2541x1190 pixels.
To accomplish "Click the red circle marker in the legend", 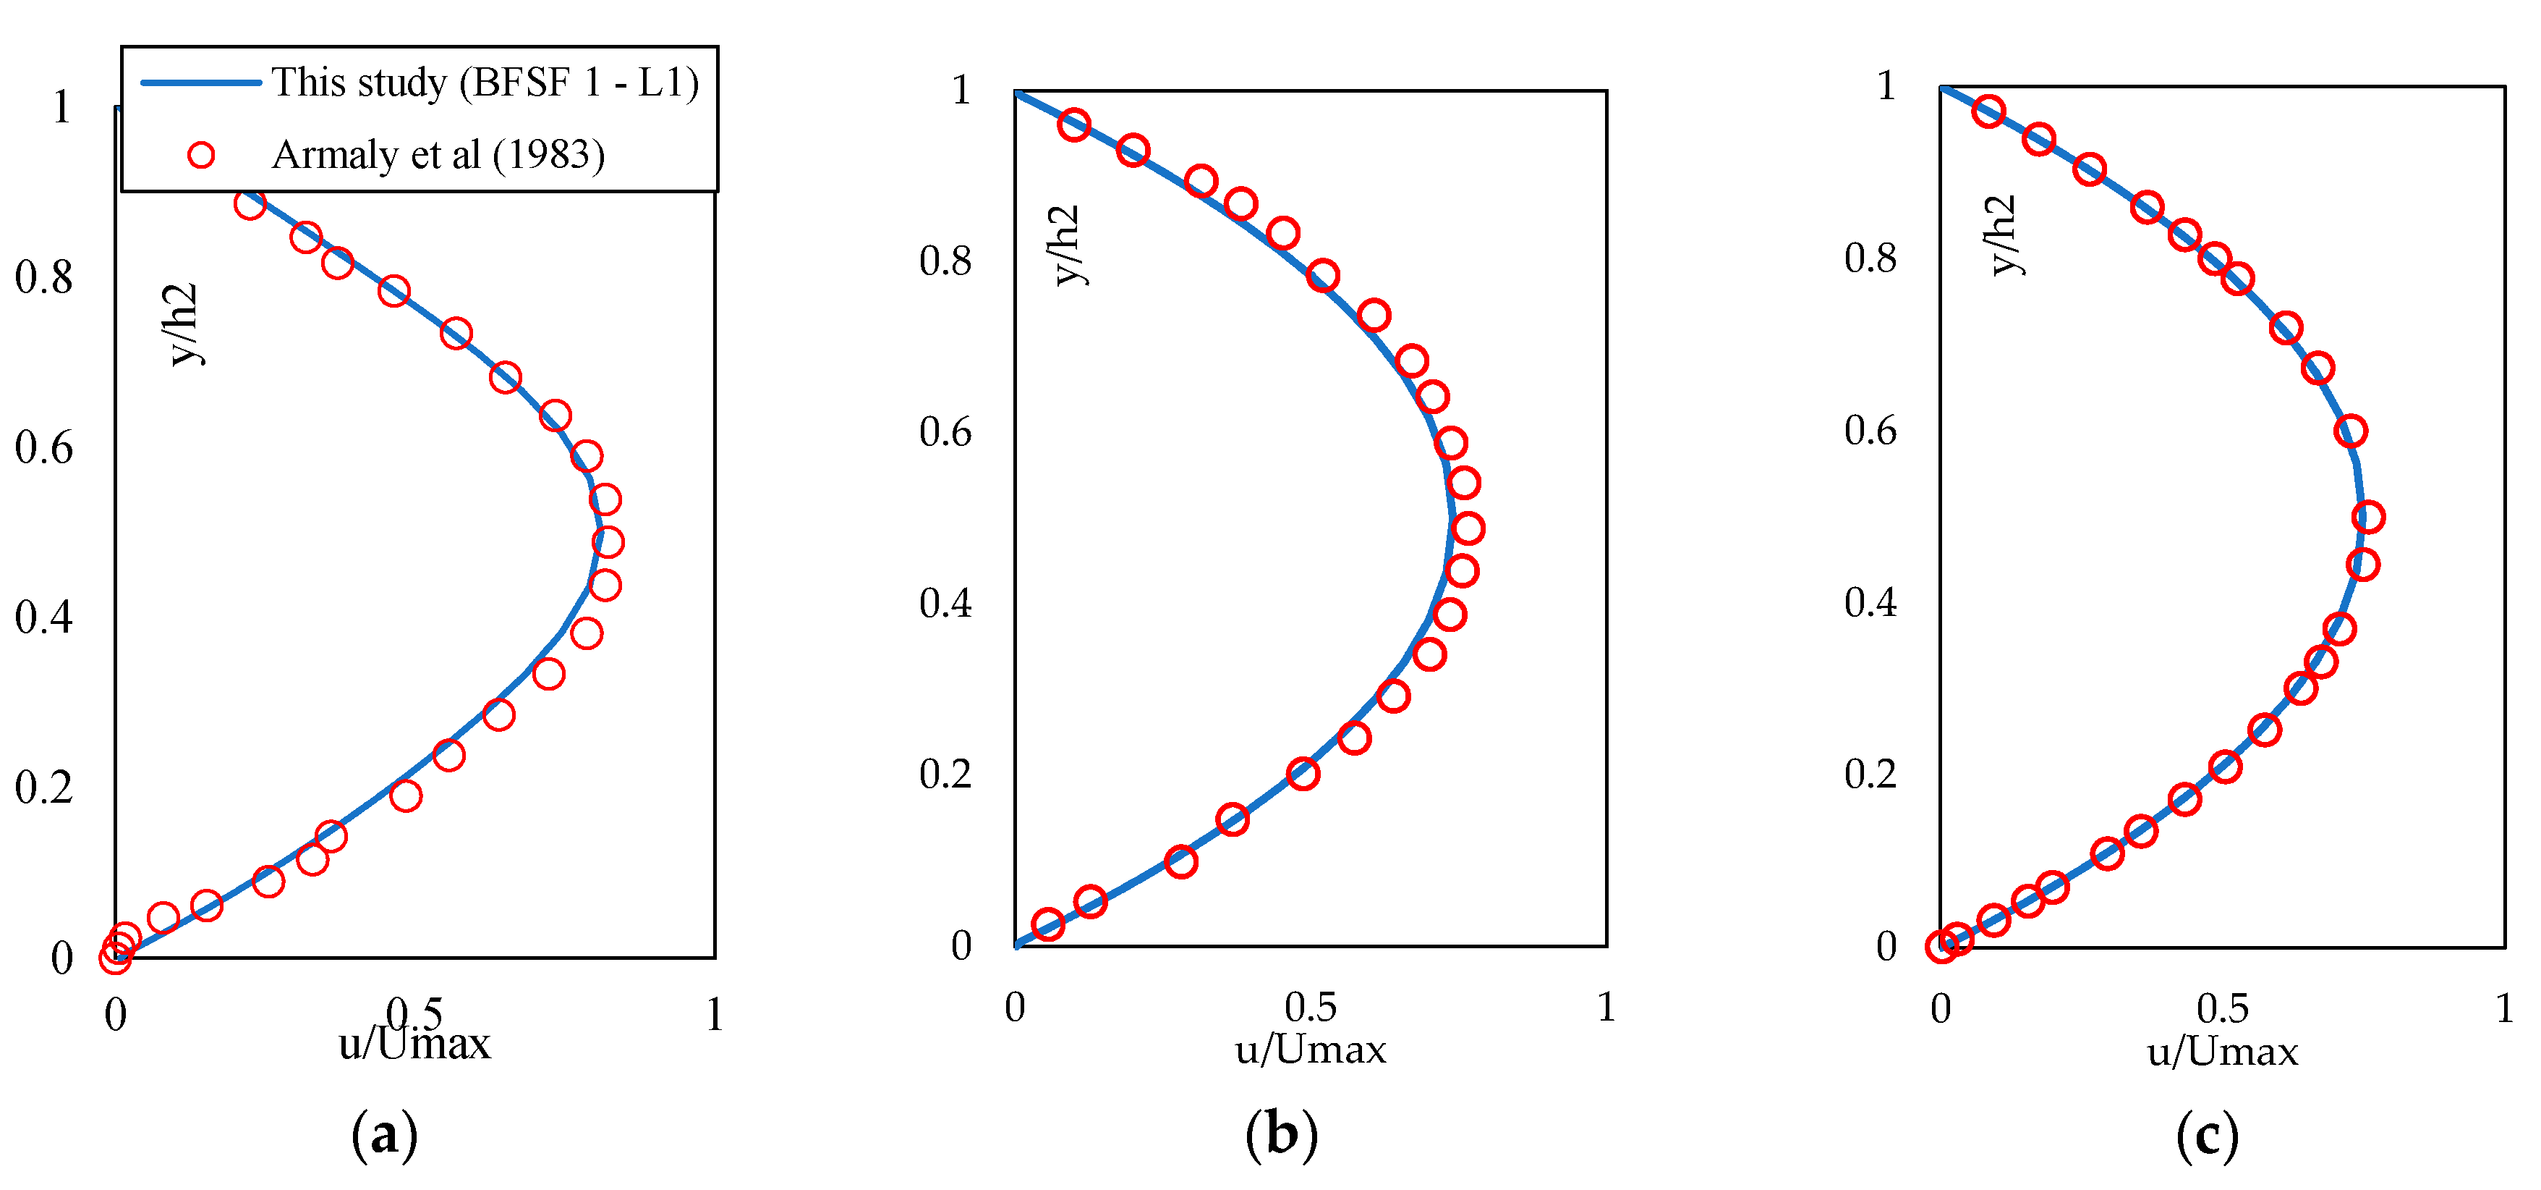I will (x=201, y=155).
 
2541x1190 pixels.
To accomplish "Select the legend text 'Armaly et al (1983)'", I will (x=438, y=155).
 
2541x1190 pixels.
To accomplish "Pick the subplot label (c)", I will (x=2207, y=1135).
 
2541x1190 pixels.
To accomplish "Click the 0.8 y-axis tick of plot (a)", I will (x=43, y=277).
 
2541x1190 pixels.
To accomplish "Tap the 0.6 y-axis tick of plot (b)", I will (x=945, y=432).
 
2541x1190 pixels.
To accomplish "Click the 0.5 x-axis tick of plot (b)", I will (x=1310, y=1008).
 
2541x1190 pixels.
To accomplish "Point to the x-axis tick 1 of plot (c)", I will (x=2503, y=1008).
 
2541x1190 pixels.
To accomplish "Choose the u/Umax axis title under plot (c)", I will (x=2223, y=1052).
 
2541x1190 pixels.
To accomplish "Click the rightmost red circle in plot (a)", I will (x=608, y=541).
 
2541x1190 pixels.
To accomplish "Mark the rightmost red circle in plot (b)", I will (x=1468, y=529).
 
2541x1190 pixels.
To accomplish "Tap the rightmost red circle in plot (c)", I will (x=2367, y=517).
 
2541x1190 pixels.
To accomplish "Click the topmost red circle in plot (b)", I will (x=1074, y=125).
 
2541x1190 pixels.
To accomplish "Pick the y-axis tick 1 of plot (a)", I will (x=61, y=106).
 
